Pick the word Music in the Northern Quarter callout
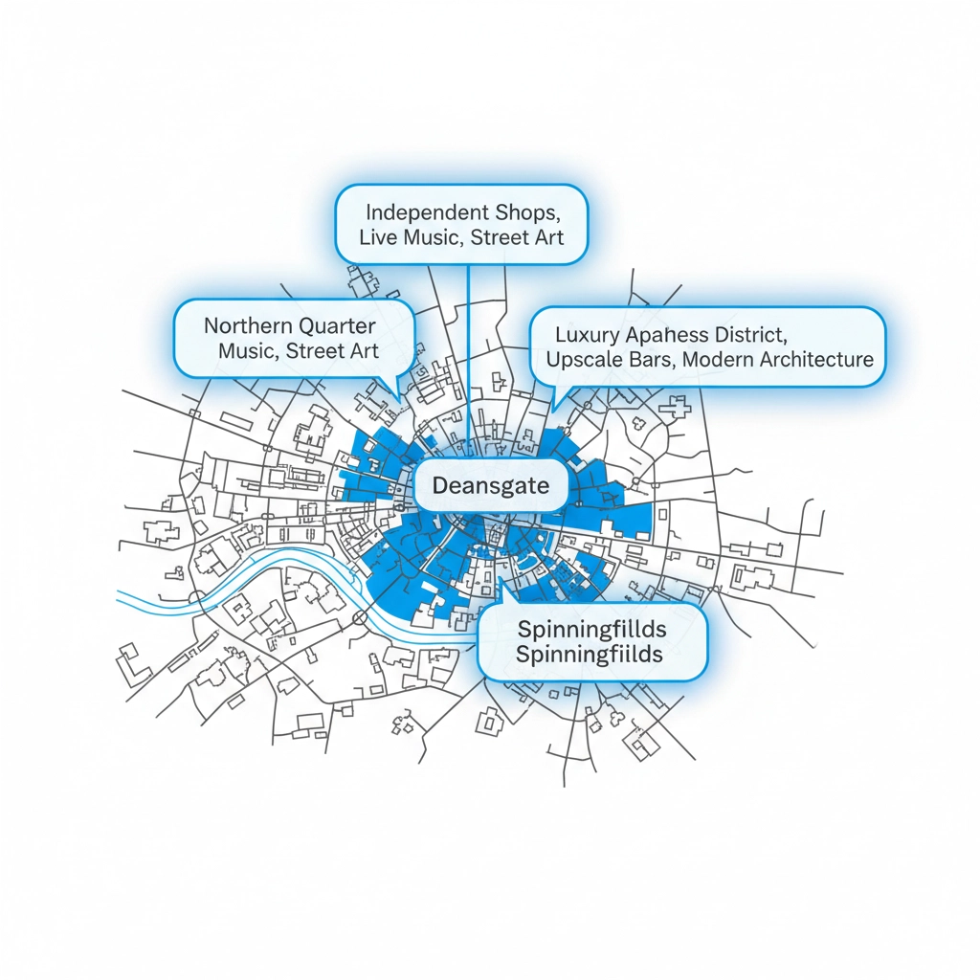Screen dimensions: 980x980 pyautogui.click(x=248, y=351)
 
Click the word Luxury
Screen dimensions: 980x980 pyautogui.click(x=587, y=335)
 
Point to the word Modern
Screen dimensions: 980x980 pyautogui.click(x=717, y=360)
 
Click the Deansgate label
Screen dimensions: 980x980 pyautogui.click(x=491, y=486)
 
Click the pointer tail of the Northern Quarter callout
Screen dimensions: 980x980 pyautogui.click(x=394, y=390)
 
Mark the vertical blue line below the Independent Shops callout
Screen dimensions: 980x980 pyautogui.click(x=468, y=325)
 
